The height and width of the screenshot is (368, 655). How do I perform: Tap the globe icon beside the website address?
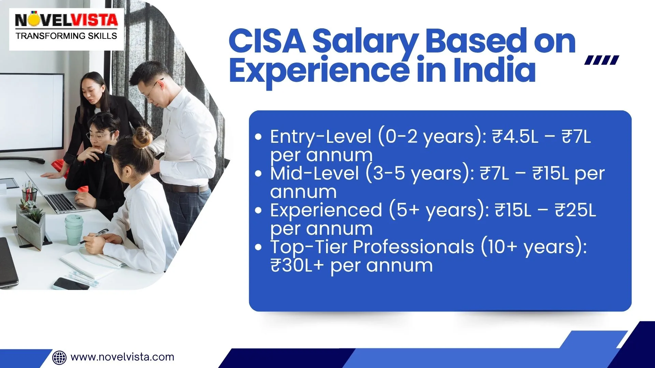[59, 357]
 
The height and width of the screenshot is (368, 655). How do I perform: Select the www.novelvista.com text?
[122, 357]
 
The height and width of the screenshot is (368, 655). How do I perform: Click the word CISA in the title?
[267, 42]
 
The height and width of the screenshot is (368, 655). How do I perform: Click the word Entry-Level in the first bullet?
[320, 137]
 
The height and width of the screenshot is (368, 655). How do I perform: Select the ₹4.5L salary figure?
[515, 137]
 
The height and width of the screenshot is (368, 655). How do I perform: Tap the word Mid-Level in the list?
[314, 173]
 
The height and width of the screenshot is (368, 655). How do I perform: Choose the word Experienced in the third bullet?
[326, 210]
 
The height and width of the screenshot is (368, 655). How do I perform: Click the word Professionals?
[413, 247]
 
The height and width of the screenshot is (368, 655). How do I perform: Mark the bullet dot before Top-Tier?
[258, 247]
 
